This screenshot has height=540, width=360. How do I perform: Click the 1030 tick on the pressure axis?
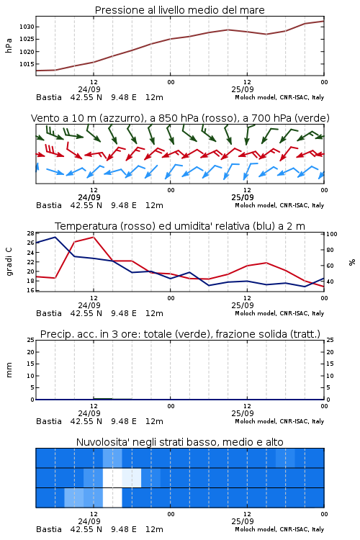27,27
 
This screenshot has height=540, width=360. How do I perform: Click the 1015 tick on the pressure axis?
27,64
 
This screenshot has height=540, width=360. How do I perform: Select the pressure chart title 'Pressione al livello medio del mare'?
180,10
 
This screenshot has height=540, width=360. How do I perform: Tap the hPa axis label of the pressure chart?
9,45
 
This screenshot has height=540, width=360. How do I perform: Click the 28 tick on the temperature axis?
31,233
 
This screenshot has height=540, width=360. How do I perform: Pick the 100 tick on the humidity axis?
331,234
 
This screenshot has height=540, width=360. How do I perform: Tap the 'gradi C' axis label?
9,261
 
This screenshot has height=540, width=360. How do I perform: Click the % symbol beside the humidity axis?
352,262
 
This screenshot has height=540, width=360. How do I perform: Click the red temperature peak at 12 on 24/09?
94,237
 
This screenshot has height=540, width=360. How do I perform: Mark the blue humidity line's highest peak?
55,237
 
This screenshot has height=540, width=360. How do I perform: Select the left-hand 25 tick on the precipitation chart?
31,341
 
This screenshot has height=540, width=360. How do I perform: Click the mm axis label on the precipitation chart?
9,370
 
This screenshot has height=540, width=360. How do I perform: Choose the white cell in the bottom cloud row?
112,498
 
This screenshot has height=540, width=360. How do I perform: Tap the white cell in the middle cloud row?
112,477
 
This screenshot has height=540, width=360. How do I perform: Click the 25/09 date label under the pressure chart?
243,89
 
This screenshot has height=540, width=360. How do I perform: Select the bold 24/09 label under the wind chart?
89,198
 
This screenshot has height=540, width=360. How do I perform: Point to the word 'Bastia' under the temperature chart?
49,313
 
